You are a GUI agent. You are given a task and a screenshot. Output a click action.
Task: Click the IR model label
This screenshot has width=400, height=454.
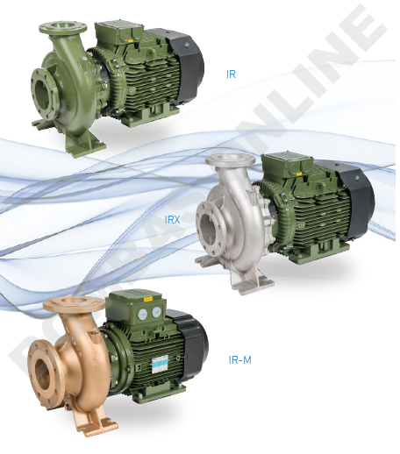231,74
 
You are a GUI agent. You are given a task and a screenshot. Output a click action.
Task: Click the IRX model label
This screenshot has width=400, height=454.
173,220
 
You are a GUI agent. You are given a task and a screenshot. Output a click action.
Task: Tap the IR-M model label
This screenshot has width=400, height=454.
240,359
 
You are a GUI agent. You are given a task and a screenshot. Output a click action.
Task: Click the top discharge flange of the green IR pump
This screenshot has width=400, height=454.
63,27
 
